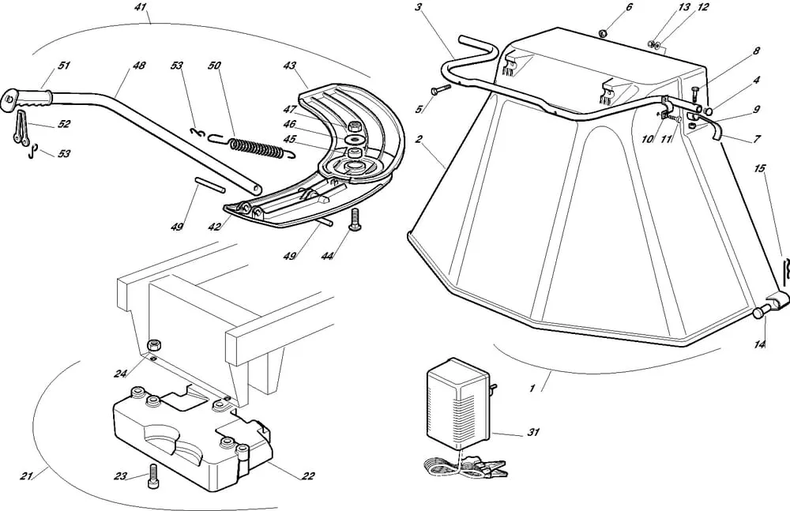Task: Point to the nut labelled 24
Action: [x=155, y=344]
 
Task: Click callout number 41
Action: [x=141, y=7]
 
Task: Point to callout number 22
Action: [x=308, y=475]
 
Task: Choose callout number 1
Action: [x=532, y=388]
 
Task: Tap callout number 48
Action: [x=139, y=66]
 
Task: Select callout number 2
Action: [x=419, y=139]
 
